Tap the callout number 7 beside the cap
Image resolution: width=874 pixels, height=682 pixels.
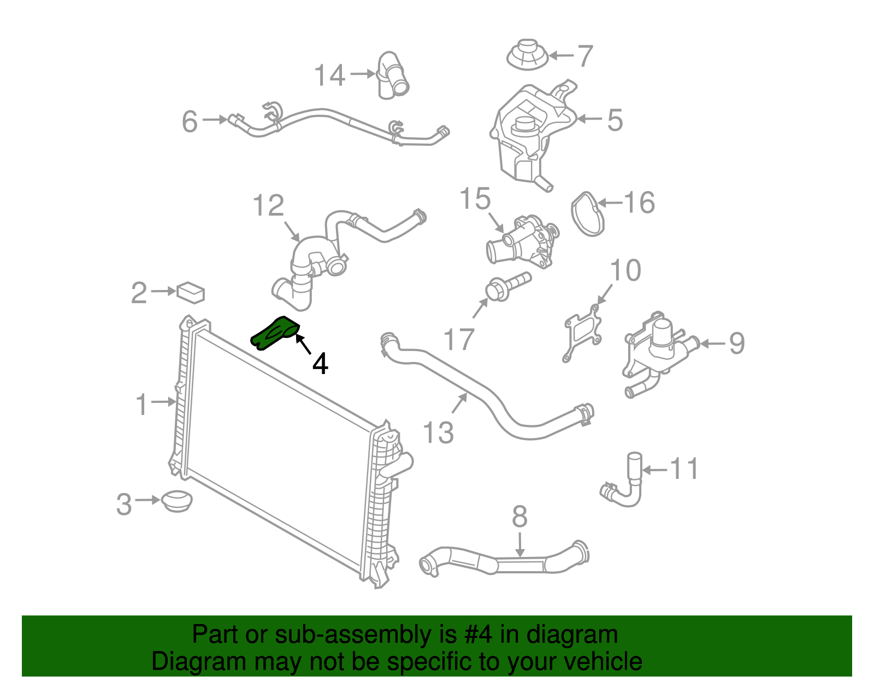(585, 56)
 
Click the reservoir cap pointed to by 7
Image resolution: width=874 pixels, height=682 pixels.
(528, 54)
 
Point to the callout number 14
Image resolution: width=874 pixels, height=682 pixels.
(330, 75)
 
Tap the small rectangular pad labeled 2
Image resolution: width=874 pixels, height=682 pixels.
(191, 292)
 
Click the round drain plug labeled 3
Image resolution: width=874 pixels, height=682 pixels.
(176, 500)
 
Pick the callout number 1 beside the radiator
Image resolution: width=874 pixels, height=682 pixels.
(141, 405)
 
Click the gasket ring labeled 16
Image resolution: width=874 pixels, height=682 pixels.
(587, 214)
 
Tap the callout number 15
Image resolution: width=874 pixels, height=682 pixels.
(475, 199)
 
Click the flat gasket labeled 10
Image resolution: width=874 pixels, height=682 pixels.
(583, 334)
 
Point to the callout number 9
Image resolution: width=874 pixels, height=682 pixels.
(736, 343)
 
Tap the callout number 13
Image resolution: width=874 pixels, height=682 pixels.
(439, 433)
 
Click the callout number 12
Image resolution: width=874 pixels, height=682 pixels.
(269, 206)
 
